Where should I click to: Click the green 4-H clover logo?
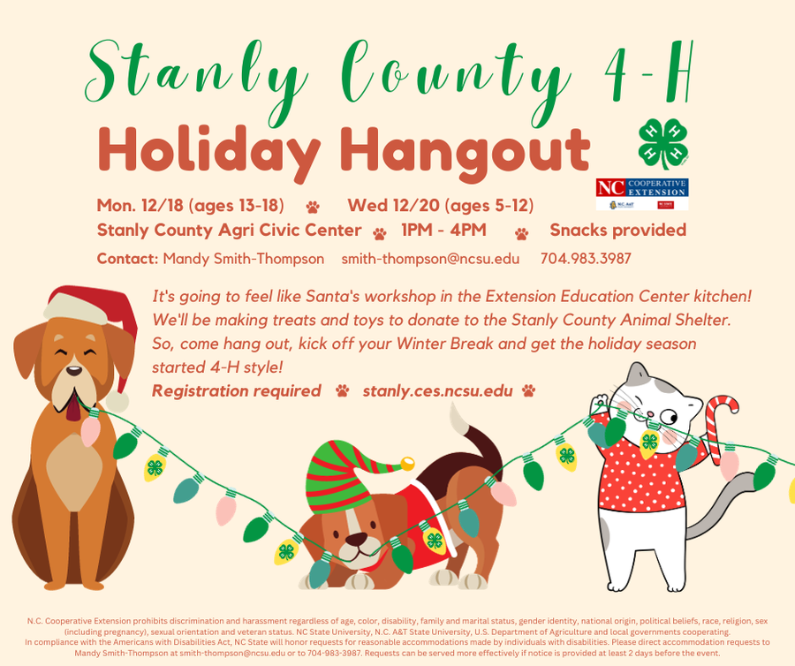662,144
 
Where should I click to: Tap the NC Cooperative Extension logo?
642,193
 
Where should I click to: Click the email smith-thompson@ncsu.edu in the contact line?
430,259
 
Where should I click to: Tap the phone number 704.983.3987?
586,259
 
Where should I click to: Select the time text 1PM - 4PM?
444,231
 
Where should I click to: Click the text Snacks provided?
617,231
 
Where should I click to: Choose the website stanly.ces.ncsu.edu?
437,390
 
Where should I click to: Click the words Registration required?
236,390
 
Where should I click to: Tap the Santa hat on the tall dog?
94,314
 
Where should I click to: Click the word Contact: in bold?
127,259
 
